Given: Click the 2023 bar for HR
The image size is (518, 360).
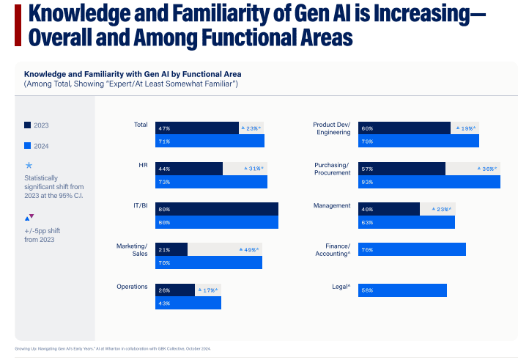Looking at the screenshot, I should [x=188, y=169].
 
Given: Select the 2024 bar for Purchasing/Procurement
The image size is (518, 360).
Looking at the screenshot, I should [x=429, y=182].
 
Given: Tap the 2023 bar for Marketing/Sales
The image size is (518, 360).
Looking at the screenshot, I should [x=171, y=249].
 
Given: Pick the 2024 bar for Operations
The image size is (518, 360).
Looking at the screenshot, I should [x=188, y=303].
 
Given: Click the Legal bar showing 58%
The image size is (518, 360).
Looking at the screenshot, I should [x=402, y=290].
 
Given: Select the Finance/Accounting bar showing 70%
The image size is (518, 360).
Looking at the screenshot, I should [x=412, y=249].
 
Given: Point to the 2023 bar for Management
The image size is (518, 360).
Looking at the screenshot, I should [x=389, y=209].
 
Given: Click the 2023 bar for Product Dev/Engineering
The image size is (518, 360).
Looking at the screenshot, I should [x=404, y=128].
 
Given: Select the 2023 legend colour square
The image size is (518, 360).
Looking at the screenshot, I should [x=27, y=125].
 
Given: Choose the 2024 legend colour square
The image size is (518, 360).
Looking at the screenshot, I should [x=27, y=146].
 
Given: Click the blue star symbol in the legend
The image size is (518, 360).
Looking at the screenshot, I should [x=29, y=165].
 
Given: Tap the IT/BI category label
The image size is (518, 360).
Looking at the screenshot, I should [x=139, y=206].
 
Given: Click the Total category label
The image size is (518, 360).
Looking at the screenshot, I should [x=141, y=125].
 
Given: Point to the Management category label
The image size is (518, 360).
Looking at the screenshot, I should [x=331, y=206].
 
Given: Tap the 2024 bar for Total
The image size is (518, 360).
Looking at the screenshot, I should [x=210, y=142].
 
